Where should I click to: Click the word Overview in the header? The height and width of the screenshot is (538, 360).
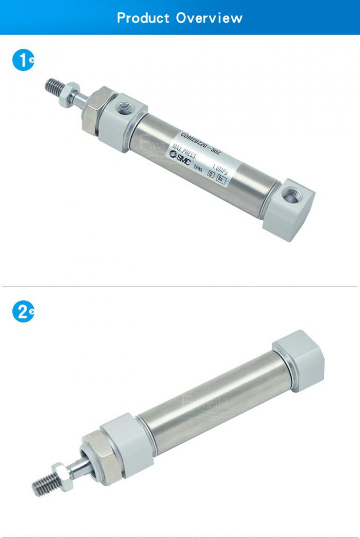[x=209, y=17]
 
